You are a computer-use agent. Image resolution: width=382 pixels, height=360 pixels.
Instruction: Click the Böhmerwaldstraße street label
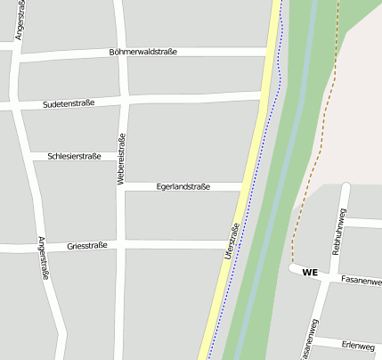[142, 52]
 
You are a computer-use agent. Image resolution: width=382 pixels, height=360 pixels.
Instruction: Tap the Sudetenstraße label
[69, 104]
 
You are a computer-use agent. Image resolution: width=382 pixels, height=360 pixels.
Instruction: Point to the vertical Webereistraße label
[122, 159]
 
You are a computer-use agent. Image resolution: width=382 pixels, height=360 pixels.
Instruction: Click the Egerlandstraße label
[183, 187]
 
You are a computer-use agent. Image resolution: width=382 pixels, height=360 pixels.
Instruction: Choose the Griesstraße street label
[87, 245]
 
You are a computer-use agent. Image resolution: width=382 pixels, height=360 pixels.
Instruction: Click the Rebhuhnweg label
[338, 233]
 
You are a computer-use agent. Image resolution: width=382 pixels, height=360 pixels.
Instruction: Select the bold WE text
[310, 272]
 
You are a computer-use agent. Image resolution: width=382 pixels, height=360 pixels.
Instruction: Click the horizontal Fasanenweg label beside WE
[361, 281]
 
